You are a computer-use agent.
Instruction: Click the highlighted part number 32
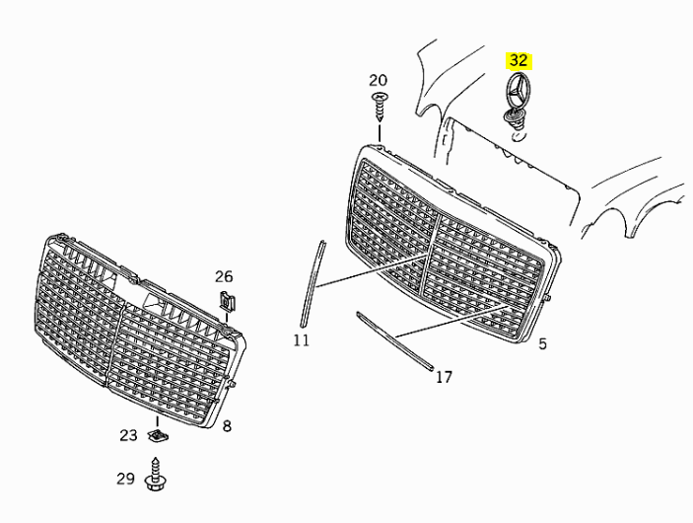point(519,60)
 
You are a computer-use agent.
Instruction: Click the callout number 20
point(378,80)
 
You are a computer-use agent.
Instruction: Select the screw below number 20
point(380,107)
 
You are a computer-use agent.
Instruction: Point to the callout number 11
point(302,340)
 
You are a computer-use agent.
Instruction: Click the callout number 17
point(445,377)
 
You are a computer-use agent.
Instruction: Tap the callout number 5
point(542,343)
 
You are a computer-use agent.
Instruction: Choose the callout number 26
point(224,277)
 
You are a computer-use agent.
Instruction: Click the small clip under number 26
point(227,301)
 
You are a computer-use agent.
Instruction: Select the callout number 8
point(227,426)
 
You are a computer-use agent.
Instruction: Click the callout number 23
point(128,435)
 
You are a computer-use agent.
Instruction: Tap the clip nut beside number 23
point(158,436)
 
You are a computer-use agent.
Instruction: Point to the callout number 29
point(125,479)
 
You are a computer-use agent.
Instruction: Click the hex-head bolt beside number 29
point(155,475)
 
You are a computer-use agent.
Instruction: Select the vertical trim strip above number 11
point(312,283)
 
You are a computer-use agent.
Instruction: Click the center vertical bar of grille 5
point(429,256)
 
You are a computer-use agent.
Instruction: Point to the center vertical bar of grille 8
point(115,344)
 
